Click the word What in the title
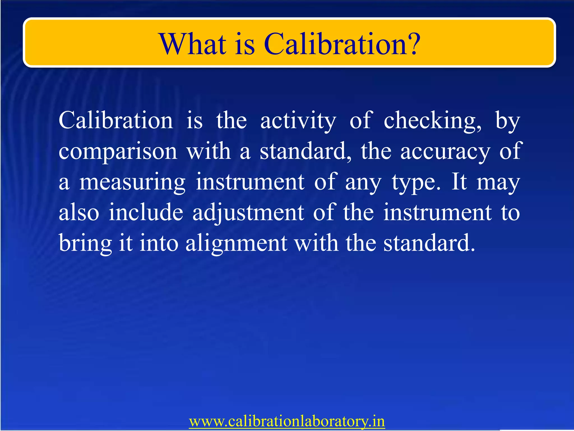(193, 44)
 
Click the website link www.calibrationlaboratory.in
(287, 421)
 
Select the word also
(79, 212)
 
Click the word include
(146, 212)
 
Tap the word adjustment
(248, 212)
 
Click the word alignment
(236, 244)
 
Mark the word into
(159, 243)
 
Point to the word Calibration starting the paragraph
(116, 121)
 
